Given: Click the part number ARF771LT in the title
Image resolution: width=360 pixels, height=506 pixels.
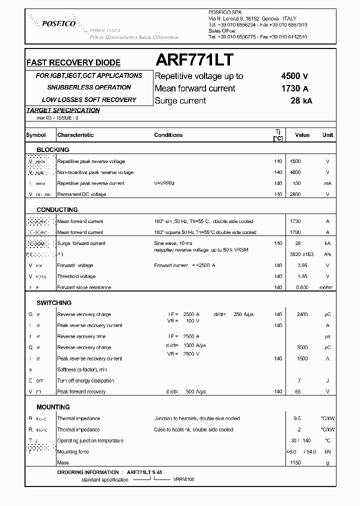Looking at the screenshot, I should click(194, 60).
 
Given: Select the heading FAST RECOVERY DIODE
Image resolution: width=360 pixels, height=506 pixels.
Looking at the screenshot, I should click(73, 63).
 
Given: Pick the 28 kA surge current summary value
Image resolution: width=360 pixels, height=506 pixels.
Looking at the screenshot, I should click(301, 100).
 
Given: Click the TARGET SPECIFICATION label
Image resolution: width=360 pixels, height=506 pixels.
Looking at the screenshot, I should click(63, 110).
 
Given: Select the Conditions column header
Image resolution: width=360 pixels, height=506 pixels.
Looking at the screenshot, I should click(168, 135).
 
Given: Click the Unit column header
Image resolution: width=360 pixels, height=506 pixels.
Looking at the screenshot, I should click(327, 135).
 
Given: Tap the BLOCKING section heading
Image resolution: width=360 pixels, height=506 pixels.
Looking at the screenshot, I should click(53, 149).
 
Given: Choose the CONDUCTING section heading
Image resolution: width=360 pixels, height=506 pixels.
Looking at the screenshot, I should click(57, 210).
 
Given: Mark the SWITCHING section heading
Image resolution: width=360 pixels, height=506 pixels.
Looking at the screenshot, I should click(54, 303).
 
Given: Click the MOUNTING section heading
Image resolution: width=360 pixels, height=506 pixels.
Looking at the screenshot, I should click(53, 407).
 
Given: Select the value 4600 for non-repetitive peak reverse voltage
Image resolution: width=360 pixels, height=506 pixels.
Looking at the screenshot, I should click(295, 172).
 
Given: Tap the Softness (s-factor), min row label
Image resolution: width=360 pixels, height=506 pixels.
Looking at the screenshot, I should click(82, 369).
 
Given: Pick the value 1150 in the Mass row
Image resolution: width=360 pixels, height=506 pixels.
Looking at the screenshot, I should click(295, 462).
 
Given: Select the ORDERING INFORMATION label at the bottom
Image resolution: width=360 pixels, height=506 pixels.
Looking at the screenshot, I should click(87, 472).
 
